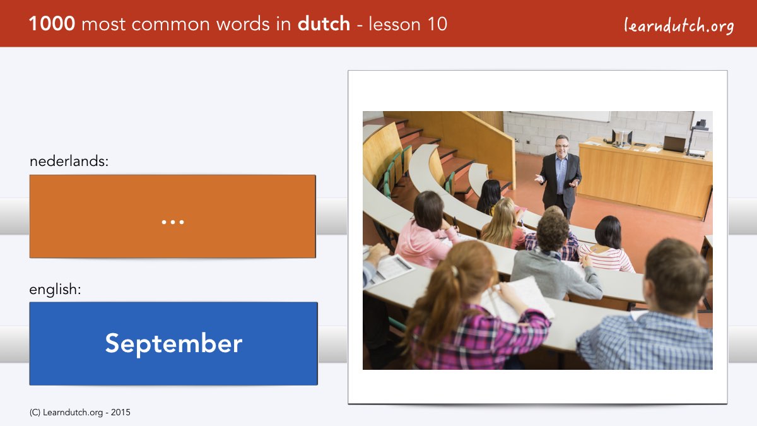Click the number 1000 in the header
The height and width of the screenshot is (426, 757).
click(52, 24)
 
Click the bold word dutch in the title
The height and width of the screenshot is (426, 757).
click(324, 24)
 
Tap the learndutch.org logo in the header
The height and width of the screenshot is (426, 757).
click(679, 25)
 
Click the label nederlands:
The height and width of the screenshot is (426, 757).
click(69, 161)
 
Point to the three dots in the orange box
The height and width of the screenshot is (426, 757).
click(173, 222)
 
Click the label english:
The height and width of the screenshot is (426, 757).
click(55, 290)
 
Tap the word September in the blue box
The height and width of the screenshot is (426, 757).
click(173, 344)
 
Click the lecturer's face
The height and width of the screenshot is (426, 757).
click(562, 145)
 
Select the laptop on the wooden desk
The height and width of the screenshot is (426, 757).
click(674, 144)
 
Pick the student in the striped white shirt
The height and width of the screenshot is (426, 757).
click(607, 245)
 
